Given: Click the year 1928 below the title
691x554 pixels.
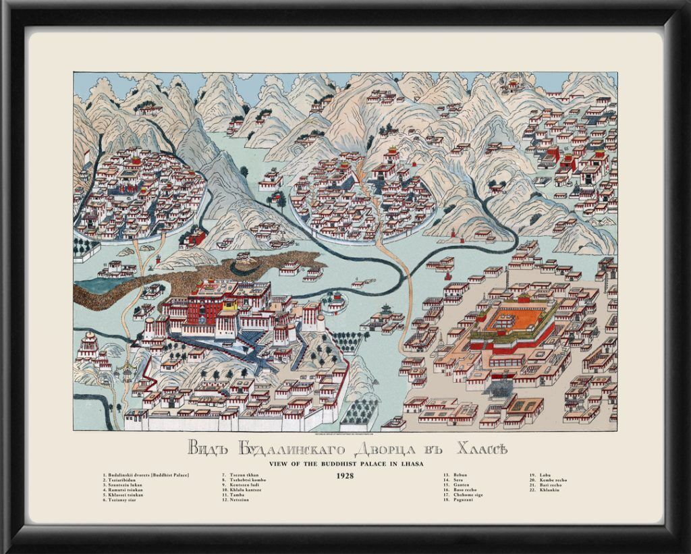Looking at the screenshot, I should click(x=345, y=475).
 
